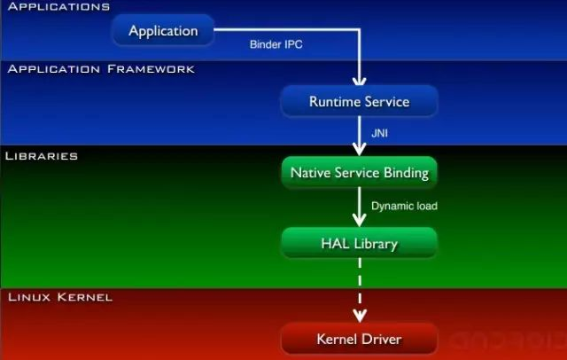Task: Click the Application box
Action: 164,31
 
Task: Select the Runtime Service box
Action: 359,101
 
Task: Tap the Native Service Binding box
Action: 359,173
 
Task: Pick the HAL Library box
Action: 359,243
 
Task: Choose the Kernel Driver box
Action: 359,340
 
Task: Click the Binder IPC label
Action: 277,43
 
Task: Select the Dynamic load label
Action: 404,206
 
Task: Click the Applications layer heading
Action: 57,7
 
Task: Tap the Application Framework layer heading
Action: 100,68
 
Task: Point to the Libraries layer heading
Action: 42,155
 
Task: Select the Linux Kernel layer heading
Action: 58,297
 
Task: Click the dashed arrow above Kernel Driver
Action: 360,288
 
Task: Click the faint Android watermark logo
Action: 506,340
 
